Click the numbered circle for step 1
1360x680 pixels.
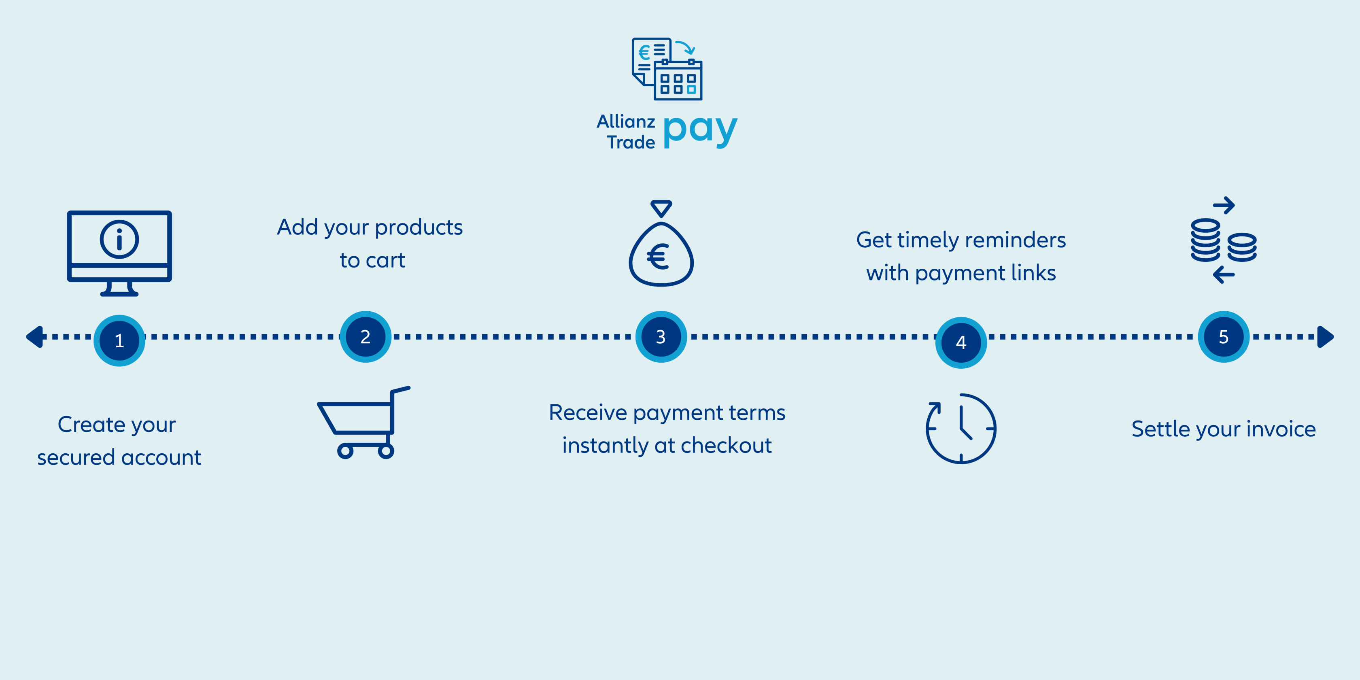[119, 340]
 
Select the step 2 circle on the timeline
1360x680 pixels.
[365, 337]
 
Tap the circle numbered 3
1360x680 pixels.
[661, 337]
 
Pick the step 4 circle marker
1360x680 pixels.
[961, 343]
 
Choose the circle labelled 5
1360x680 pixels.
[1223, 337]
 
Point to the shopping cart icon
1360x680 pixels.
[363, 422]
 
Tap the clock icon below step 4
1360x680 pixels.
[961, 428]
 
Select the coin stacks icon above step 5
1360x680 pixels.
[1223, 241]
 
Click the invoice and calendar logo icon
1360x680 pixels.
[667, 69]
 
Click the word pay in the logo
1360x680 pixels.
[699, 130]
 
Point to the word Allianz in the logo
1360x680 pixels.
[626, 121]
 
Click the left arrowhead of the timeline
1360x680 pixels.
[35, 337]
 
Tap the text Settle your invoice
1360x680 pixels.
[1223, 429]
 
